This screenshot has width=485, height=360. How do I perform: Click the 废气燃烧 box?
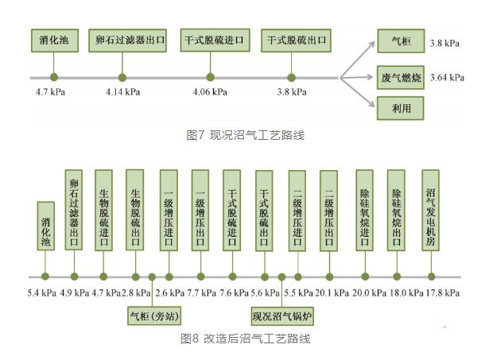(400, 77)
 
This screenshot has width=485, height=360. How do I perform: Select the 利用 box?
(400, 108)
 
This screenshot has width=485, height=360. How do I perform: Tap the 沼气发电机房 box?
(431, 210)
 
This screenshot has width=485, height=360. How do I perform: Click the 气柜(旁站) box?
(154, 315)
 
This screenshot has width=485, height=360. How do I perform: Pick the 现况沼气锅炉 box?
(282, 316)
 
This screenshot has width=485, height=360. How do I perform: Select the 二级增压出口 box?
(329, 211)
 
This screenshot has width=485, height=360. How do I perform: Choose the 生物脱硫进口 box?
(103, 211)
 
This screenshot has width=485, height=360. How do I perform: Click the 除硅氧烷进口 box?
(365, 211)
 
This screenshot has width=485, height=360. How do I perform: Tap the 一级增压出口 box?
(200, 211)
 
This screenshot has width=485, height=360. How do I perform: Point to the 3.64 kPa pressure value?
(447, 77)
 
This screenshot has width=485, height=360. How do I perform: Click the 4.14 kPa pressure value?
(122, 92)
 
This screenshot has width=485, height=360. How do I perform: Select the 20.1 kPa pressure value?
(332, 293)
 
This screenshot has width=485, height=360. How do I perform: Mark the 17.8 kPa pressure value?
(443, 293)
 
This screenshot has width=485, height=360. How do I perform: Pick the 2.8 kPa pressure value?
(136, 293)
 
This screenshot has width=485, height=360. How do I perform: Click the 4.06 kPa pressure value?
(210, 92)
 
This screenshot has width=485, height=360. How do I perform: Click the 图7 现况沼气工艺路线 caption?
(246, 135)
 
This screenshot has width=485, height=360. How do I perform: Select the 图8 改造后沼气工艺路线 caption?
(246, 339)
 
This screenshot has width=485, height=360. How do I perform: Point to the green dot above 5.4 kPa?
(45, 277)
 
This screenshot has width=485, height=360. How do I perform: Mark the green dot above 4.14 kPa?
(122, 77)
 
